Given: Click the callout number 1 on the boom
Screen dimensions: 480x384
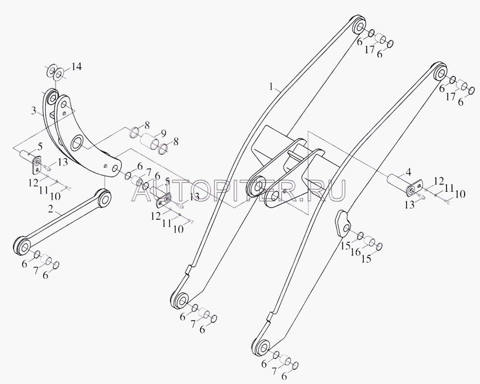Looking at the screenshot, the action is pyautogui.click(x=271, y=87).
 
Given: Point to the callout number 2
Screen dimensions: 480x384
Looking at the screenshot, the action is pyautogui.click(x=51, y=210).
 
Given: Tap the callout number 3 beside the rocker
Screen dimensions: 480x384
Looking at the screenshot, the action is pyautogui.click(x=34, y=111).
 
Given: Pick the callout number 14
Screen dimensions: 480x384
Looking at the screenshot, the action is pyautogui.click(x=76, y=66).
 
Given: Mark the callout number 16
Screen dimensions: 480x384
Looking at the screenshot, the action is pyautogui.click(x=356, y=252).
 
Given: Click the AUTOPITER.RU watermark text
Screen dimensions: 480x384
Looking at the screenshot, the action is pyautogui.click(x=239, y=190).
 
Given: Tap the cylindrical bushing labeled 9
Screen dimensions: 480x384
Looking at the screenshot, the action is pyautogui.click(x=149, y=142).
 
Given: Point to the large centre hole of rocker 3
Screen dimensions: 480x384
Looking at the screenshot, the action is pyautogui.click(x=77, y=143).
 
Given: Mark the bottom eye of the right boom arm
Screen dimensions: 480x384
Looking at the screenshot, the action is pyautogui.click(x=261, y=347).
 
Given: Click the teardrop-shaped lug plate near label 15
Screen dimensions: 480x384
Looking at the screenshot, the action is pyautogui.click(x=342, y=223).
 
